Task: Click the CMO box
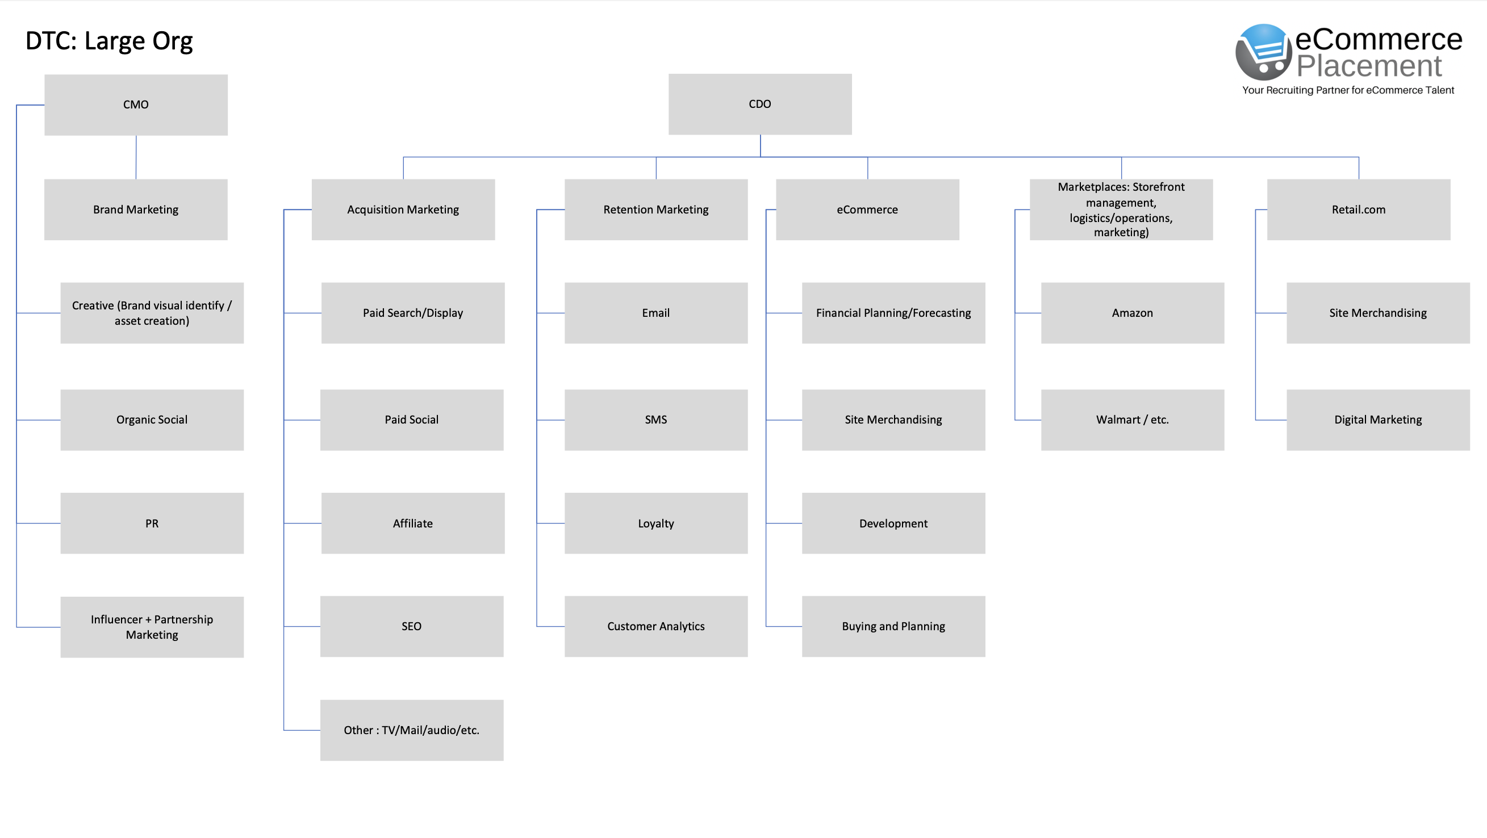136,104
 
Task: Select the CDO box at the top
759,104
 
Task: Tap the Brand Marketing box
136,209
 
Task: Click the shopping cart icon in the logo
1264,52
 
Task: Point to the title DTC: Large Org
109,41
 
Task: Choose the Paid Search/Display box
413,313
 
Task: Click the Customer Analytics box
656,626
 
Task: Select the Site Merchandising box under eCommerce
893,420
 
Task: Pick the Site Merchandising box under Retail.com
1378,313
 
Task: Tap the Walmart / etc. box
1132,420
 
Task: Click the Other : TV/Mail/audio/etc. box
412,730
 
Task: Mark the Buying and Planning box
893,626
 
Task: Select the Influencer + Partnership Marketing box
152,627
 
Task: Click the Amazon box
1132,313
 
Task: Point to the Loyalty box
656,523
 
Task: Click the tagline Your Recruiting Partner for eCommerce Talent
1348,90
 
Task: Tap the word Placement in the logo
1369,66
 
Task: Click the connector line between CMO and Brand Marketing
136,157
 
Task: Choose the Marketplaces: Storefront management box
1121,209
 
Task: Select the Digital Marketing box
1378,420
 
